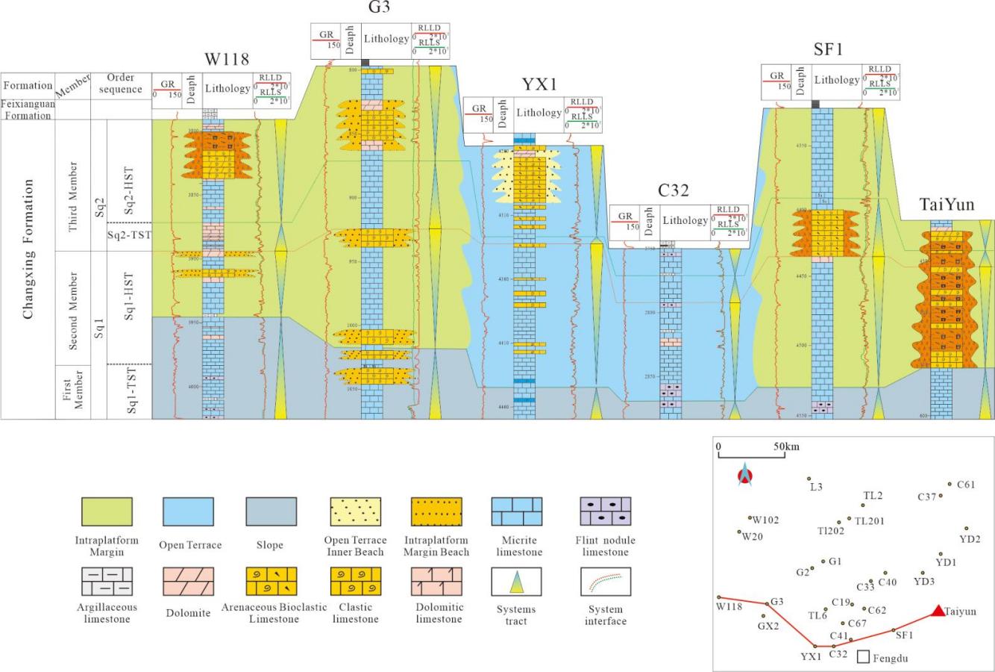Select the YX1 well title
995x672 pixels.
click(x=539, y=83)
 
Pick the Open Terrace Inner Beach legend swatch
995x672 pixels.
click(x=355, y=511)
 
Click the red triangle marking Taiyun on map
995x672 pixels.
click(x=937, y=611)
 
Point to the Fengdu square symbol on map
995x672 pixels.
click(x=864, y=657)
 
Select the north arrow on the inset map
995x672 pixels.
click(x=742, y=474)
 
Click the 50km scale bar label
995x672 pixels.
click(x=786, y=447)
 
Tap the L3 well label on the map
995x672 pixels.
click(x=816, y=487)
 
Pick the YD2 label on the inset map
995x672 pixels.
click(x=970, y=538)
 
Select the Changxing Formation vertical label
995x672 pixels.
click(x=28, y=249)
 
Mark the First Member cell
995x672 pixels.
click(x=73, y=391)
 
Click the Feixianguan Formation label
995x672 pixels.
click(x=28, y=109)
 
